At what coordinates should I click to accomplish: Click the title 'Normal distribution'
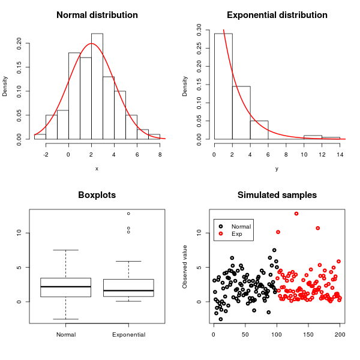97,15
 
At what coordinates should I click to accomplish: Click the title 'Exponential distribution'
277,15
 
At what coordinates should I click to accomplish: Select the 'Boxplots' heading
97,195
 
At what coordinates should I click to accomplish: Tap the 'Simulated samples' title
277,195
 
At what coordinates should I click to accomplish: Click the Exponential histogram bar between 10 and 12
313,137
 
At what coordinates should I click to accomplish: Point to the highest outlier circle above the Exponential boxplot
128,214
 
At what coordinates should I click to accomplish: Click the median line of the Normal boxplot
65,287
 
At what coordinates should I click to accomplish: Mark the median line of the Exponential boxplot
128,290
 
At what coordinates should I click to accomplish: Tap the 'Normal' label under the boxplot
65,334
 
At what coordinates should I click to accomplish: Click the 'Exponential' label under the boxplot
128,334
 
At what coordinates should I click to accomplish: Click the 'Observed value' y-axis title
185,266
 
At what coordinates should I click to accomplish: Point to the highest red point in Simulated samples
296,214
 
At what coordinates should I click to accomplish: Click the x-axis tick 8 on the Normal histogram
160,154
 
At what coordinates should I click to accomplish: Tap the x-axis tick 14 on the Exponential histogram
340,154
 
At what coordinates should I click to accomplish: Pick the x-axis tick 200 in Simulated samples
340,334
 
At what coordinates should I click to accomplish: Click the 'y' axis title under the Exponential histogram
277,169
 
